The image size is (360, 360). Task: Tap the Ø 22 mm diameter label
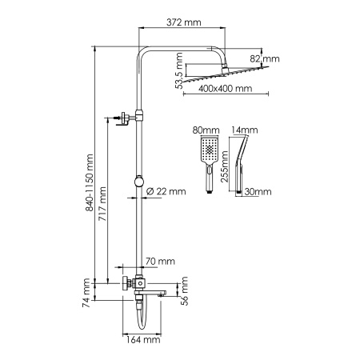(x=168, y=190)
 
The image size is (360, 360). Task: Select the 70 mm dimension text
(x=161, y=261)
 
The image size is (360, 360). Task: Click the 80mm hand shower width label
(x=206, y=129)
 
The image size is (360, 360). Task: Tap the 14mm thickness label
(x=240, y=129)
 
